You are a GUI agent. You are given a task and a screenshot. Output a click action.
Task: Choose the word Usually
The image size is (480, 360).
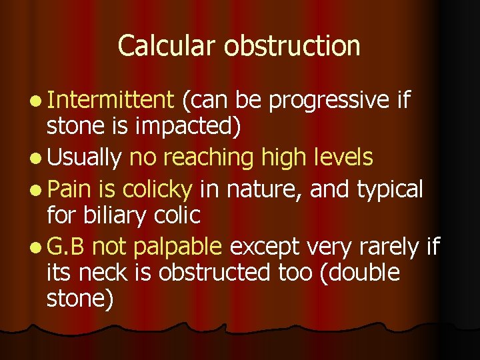coord(85,157)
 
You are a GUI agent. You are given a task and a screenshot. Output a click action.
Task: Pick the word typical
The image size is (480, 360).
coord(390,190)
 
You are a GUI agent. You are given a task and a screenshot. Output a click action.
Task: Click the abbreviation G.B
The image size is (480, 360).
coord(67,247)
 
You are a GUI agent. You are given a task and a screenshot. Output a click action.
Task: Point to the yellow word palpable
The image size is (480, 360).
coord(178,248)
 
